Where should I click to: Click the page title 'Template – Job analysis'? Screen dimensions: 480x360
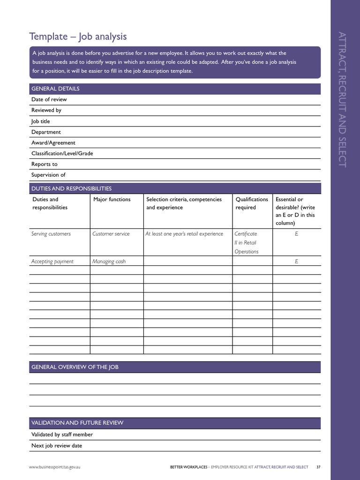point(78,37)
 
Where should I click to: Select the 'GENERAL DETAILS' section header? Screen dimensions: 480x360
point(55,89)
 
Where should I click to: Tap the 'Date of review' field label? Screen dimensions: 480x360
point(49,99)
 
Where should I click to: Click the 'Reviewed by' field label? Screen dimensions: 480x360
point(46,110)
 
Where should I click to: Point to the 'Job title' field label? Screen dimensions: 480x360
point(40,121)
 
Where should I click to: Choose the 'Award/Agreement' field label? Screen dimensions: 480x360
point(53,143)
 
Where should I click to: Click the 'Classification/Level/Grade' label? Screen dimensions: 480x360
point(62,154)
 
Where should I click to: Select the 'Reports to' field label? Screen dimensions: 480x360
point(45,165)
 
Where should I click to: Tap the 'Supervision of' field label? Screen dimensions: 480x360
point(48,175)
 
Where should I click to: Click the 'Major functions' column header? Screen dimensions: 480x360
point(112,200)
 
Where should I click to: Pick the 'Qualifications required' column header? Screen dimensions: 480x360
point(252,203)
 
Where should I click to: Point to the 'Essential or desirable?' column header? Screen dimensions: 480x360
point(295,211)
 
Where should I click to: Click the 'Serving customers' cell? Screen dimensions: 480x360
point(51,234)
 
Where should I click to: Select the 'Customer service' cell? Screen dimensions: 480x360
point(111,234)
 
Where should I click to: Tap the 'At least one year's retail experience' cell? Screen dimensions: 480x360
point(184,234)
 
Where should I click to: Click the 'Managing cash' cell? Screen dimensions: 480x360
point(109,262)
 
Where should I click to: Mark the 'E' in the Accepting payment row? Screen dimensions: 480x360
point(296,262)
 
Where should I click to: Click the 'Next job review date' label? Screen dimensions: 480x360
point(57,446)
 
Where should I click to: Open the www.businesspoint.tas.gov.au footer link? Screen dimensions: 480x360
point(58,467)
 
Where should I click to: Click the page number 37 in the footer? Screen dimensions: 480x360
point(318,467)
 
